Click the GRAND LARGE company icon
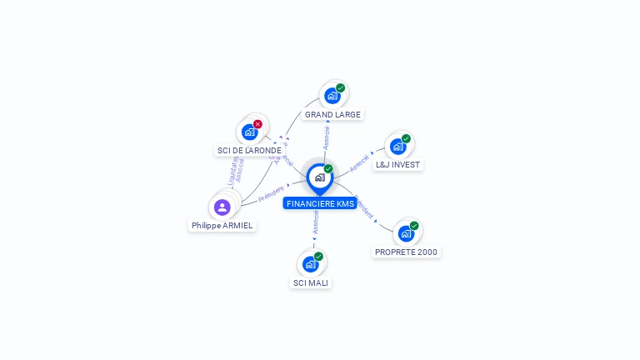(332, 96)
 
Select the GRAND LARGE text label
(332, 114)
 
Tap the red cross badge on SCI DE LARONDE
(257, 124)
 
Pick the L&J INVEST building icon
(397, 147)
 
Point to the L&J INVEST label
(397, 165)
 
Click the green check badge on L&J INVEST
(406, 139)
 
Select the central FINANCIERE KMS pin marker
(319, 177)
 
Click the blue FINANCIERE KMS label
(320, 203)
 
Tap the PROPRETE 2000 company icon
(405, 233)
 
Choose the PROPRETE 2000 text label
(406, 252)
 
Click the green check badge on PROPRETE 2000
(414, 226)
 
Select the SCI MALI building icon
(310, 264)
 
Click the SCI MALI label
(311, 282)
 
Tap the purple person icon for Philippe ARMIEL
(222, 207)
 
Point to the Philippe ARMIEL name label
(222, 225)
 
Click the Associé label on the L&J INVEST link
(360, 162)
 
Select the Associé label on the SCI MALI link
(316, 222)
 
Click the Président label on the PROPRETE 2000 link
(363, 207)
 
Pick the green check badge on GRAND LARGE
(340, 88)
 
